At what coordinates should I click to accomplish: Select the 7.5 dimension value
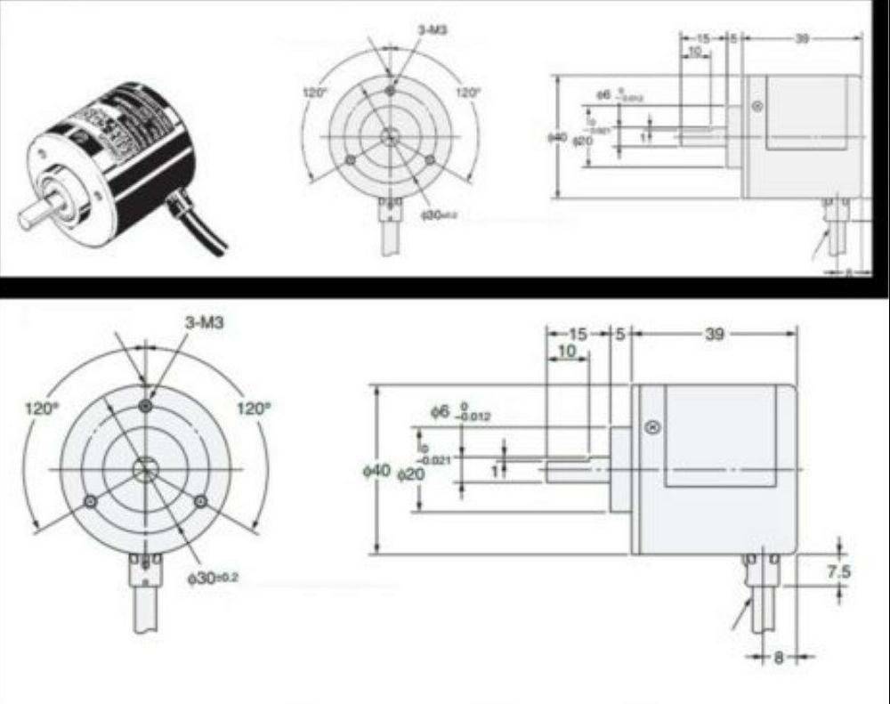click(837, 572)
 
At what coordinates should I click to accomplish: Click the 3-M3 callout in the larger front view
click(204, 323)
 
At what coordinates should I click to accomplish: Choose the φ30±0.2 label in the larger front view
click(213, 578)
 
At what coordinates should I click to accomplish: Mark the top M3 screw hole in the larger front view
click(146, 406)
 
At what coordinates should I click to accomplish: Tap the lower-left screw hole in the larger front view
click(90, 503)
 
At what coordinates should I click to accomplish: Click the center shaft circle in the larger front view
click(144, 468)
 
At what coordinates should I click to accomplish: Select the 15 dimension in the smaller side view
click(703, 38)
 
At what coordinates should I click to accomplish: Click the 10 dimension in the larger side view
click(566, 352)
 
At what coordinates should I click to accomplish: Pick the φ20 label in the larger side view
click(410, 474)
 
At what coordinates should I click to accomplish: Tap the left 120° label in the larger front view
click(42, 409)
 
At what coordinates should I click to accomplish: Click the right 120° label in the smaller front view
click(468, 92)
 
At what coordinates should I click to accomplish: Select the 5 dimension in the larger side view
click(620, 334)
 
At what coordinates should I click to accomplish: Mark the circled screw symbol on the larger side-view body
click(653, 427)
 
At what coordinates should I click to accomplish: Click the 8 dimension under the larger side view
click(779, 659)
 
